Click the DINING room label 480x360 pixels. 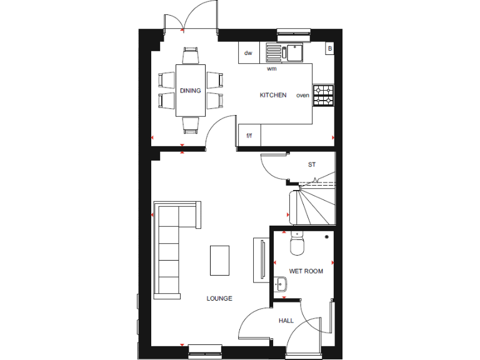tap(191, 91)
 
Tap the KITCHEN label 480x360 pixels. tap(273, 96)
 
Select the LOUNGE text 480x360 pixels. tap(219, 299)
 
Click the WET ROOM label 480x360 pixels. tap(306, 271)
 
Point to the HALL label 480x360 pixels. tap(286, 321)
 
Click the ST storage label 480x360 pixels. tap(312, 165)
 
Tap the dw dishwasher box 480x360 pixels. tap(248, 53)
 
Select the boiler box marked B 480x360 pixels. tap(329, 48)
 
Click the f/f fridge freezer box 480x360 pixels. tap(249, 136)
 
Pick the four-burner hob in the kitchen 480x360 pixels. tap(324, 96)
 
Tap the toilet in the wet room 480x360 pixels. tap(297, 243)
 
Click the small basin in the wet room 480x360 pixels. tap(279, 285)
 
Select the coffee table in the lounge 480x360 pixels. tap(219, 260)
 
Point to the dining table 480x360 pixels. tap(191, 90)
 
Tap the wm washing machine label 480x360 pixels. tap(272, 69)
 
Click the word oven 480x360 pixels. tap(302, 96)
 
